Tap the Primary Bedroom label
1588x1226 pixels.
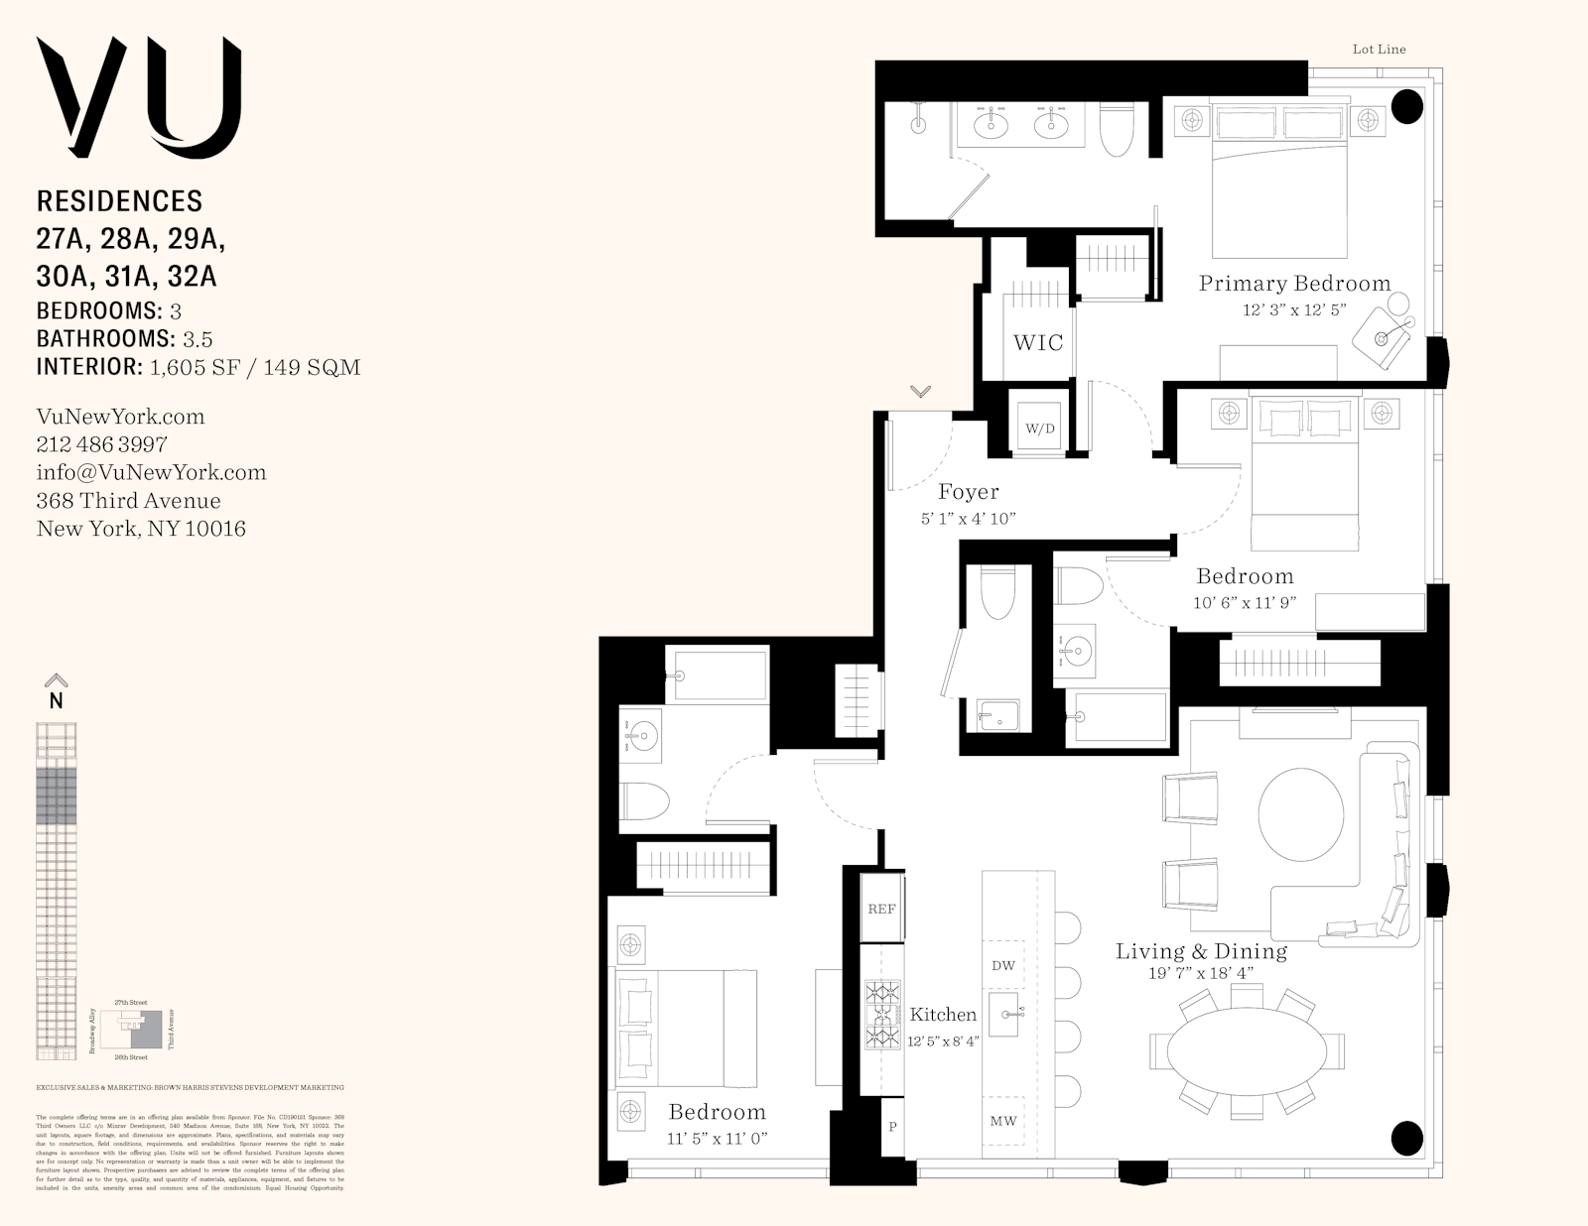pyautogui.click(x=1294, y=284)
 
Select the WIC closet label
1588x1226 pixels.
pyautogui.click(x=1037, y=343)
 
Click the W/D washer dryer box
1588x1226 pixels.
pyautogui.click(x=1039, y=429)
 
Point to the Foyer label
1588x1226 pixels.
pyautogui.click(x=968, y=492)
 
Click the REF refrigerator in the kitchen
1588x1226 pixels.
pyautogui.click(x=881, y=909)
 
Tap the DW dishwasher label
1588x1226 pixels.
pyautogui.click(x=1003, y=965)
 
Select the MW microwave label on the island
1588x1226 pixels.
pyautogui.click(x=1003, y=1121)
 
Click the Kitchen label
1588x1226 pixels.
pyautogui.click(x=943, y=1014)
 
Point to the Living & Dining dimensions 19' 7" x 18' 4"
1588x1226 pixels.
pyautogui.click(x=1201, y=974)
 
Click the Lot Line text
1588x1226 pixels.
pyautogui.click(x=1379, y=49)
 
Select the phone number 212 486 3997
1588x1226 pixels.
pyautogui.click(x=101, y=444)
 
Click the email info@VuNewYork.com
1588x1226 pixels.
pyautogui.click(x=151, y=472)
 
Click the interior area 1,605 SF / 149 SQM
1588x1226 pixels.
pyautogui.click(x=254, y=367)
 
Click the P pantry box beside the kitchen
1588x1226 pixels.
pyautogui.click(x=892, y=1127)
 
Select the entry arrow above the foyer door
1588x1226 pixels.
pyautogui.click(x=920, y=392)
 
